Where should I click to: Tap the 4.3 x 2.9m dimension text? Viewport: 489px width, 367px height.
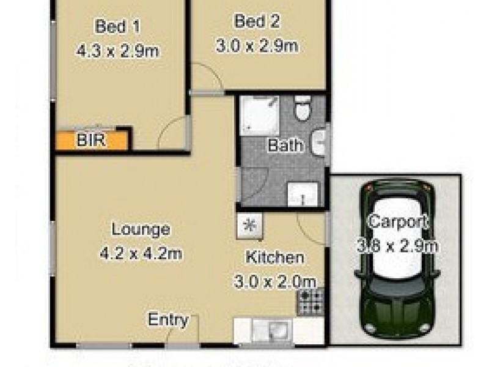point(118,51)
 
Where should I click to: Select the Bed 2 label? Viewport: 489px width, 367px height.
point(257,21)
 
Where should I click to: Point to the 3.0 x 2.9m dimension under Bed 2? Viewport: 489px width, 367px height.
point(257,46)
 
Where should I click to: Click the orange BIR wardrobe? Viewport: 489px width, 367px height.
point(93,141)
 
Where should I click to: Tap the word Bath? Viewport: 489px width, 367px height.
point(285,146)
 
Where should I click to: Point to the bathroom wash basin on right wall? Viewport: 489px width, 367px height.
point(320,142)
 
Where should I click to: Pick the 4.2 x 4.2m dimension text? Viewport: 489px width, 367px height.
point(141,254)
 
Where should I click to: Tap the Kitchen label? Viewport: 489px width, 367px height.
point(274,257)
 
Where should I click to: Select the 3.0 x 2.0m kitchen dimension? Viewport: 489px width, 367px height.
point(274,281)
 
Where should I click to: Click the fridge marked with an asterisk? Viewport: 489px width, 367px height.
point(249,225)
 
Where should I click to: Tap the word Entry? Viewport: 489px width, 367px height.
point(169,320)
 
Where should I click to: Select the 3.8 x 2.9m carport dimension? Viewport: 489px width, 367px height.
point(399,247)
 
